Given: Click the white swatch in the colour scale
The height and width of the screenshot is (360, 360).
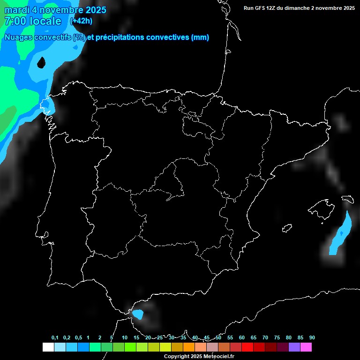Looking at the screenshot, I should pos(48,347).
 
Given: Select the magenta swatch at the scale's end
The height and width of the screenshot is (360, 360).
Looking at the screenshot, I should pos(306,347).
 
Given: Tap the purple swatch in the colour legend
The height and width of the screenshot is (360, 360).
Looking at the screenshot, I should pos(294,347).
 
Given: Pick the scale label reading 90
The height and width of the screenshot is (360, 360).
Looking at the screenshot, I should pos(312,338).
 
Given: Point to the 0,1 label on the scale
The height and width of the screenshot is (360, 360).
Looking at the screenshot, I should pos(55,338).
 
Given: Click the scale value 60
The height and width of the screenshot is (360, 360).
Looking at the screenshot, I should pos(242,338).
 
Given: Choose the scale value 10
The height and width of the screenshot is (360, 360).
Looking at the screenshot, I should pos(125,338).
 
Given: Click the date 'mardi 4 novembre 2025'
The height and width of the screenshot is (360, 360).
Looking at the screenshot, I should pos(55,10).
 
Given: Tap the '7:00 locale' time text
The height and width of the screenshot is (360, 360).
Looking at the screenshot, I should pos(32,21).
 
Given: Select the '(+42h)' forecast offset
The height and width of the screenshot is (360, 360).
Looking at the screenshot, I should pos(81,21).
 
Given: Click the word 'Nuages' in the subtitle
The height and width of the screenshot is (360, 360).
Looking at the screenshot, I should pos(19,37).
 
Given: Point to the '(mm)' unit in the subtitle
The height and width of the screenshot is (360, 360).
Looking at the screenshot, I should pos(200,37).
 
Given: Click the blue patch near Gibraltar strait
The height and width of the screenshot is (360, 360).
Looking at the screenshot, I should pos(138,314).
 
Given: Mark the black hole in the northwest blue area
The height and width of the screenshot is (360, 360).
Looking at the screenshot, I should pos(41,62).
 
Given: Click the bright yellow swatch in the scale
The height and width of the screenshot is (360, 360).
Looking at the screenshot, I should pos(165,347).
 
